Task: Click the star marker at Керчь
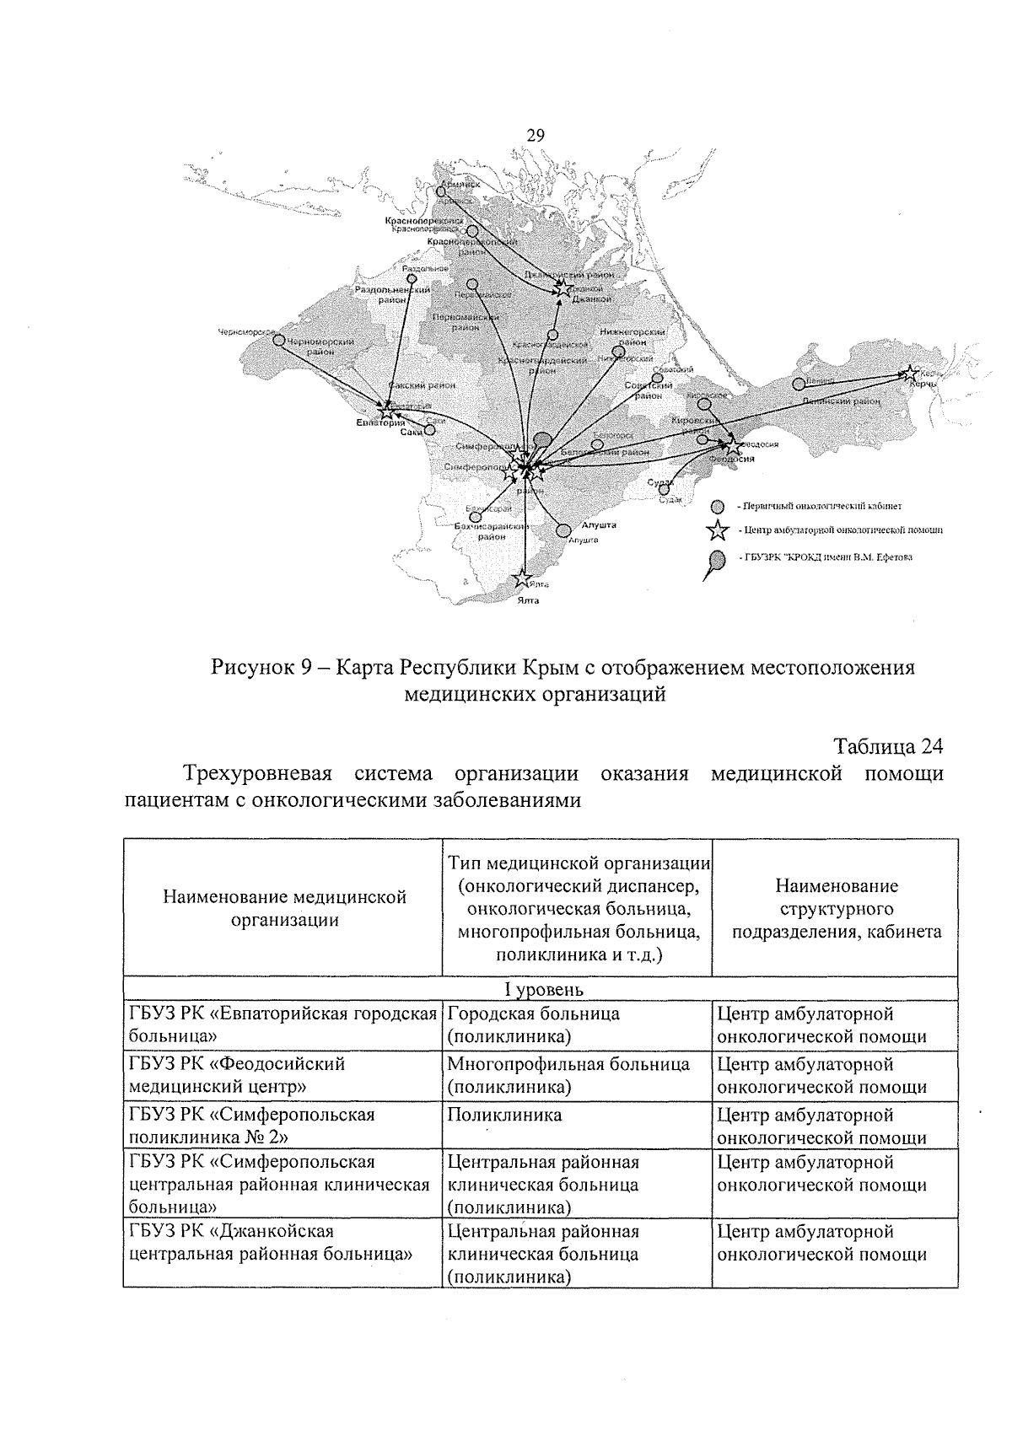coord(910,373)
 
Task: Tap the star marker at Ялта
coord(523,579)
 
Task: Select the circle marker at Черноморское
coord(278,339)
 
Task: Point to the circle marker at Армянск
coord(440,192)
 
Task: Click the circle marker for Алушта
coord(563,530)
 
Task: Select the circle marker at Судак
coord(664,488)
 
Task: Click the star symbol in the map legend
coord(717,530)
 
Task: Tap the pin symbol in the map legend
coord(714,562)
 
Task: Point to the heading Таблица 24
coord(887,746)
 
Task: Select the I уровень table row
coord(540,988)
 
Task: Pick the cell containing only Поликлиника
coord(504,1115)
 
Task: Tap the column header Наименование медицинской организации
coord(284,908)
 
